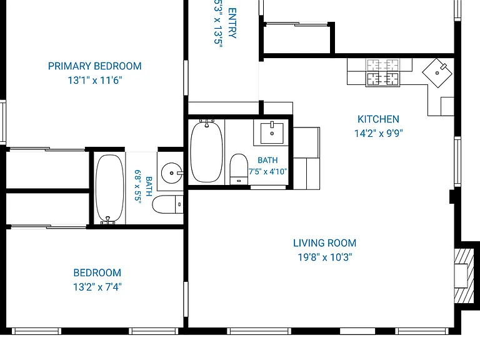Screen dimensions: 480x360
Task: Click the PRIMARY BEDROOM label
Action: point(94,66)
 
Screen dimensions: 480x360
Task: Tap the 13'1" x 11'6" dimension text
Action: point(95,80)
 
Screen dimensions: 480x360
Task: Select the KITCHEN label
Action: point(378,119)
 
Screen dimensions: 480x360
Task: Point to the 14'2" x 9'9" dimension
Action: point(379,133)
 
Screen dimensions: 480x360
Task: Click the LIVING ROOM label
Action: point(325,243)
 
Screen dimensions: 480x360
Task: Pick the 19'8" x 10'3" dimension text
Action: point(325,257)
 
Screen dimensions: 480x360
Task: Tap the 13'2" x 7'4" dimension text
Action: point(97,287)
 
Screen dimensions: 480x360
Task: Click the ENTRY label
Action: point(232,23)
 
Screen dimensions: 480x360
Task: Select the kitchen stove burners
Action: point(383,72)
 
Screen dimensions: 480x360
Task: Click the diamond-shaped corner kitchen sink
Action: point(437,73)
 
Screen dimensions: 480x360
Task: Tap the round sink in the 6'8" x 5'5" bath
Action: point(172,173)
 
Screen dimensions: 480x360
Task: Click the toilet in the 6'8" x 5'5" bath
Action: point(167,204)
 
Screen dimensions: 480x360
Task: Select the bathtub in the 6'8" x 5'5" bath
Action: point(110,189)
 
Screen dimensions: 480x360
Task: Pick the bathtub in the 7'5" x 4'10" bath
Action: point(207,151)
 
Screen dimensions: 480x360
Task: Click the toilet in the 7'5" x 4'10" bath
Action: point(239,169)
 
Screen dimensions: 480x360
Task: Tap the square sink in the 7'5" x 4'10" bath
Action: point(272,133)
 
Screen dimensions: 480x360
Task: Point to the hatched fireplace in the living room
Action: point(464,276)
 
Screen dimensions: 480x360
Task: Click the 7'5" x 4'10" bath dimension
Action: point(268,171)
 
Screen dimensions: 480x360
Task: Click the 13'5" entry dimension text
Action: point(218,36)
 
